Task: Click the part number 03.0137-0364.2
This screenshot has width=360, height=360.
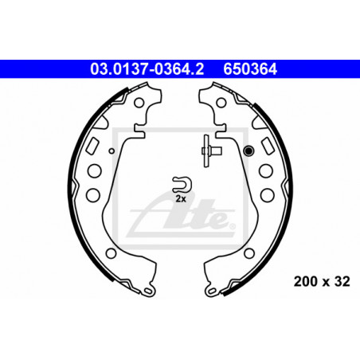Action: tap(147, 69)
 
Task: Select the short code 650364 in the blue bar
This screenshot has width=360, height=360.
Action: tap(250, 69)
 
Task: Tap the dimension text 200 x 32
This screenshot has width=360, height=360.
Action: tap(322, 282)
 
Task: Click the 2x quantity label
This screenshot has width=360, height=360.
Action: tap(181, 198)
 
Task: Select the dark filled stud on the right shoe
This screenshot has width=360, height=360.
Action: tap(248, 151)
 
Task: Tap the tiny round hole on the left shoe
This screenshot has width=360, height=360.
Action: tap(112, 151)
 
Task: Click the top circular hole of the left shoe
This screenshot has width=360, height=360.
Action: tap(139, 103)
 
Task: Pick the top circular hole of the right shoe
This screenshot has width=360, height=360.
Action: tap(221, 103)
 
